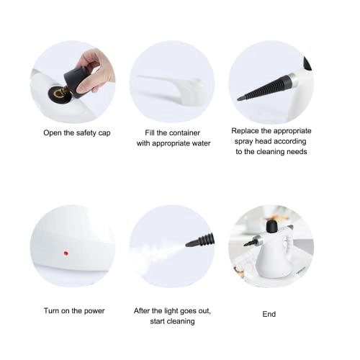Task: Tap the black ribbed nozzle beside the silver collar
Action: coord(262,90)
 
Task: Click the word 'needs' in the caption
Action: coord(295,152)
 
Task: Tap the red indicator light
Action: coord(66,253)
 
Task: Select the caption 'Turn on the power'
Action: coord(73,311)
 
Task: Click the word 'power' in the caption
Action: coord(93,311)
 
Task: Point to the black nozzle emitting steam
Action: coord(199,241)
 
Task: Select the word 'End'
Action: coord(269,314)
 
